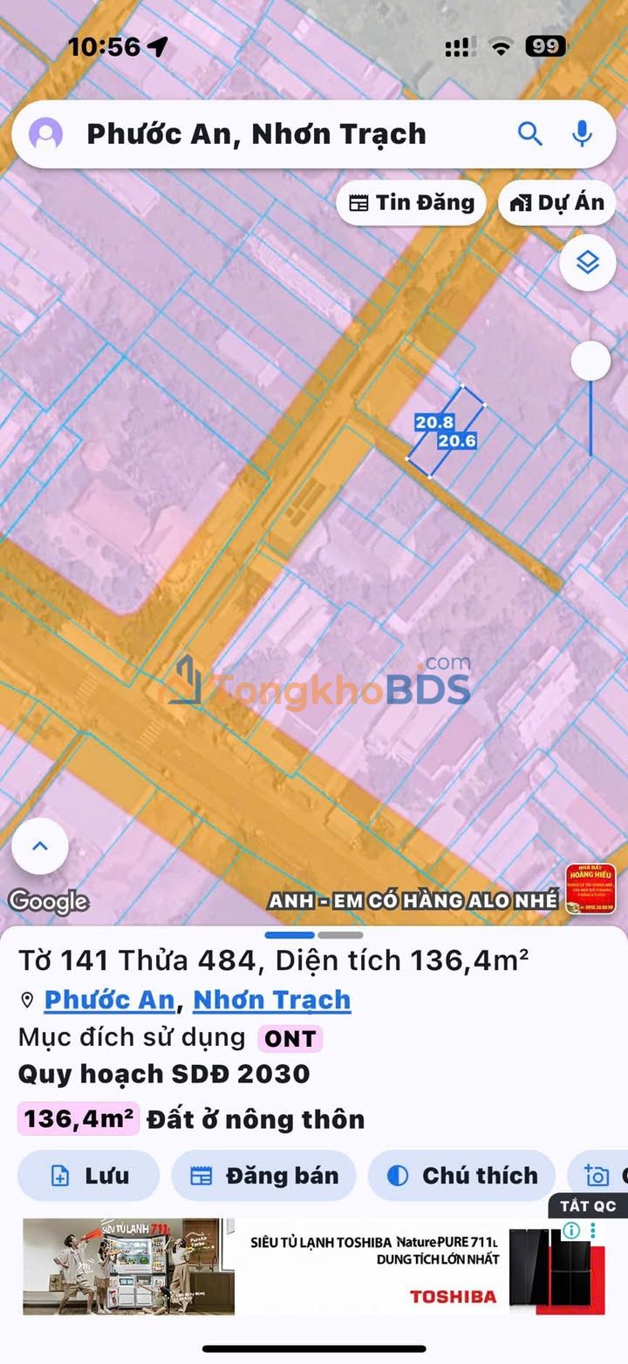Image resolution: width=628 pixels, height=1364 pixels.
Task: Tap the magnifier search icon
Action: pos(529,133)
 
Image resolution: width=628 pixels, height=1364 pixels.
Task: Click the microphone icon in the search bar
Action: pos(582,133)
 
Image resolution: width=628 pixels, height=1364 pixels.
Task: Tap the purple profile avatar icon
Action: pos(45,134)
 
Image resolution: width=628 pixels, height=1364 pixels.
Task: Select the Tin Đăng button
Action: pos(411,203)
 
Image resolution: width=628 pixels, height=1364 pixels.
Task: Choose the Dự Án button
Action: pos(557,203)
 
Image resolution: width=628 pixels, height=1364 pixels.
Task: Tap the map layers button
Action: pos(588,262)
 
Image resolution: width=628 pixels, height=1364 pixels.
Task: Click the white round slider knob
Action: pos(590,360)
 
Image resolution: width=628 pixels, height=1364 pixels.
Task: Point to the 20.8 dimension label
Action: pos(433,423)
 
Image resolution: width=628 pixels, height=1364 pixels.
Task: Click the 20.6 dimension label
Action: pos(456,441)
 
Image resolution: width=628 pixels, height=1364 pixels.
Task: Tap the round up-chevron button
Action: pos(40,846)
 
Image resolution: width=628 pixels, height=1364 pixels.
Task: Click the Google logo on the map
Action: pos(48,901)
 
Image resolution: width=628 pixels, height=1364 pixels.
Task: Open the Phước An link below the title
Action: pos(109,1000)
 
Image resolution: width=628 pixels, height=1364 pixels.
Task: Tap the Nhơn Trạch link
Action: pos(271,1000)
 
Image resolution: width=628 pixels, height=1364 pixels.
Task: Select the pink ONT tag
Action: pos(290,1038)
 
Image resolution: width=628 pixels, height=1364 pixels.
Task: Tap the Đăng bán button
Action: pos(263,1176)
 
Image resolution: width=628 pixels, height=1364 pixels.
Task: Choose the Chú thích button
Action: pos(461,1176)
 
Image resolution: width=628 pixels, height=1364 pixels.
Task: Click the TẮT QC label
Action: pos(588,1206)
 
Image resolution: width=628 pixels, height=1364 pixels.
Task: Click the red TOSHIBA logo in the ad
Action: pos(453,1296)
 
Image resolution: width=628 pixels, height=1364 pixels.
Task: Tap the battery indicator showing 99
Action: pos(545,46)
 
